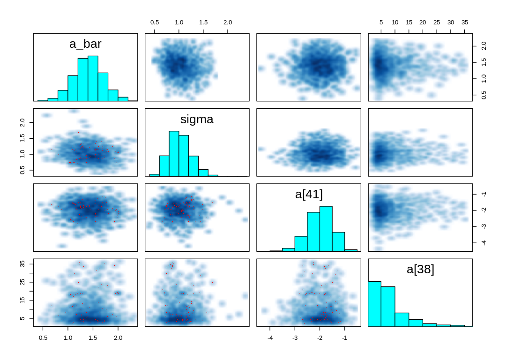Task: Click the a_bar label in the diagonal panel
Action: coord(85,44)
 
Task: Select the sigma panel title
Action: coord(197,120)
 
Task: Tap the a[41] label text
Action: coord(309,194)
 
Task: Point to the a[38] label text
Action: coord(420,270)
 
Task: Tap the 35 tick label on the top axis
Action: coord(465,22)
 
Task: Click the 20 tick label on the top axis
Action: coord(423,22)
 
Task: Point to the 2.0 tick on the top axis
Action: coord(227,22)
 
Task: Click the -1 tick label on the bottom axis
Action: coord(344,337)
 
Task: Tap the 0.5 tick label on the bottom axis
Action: coord(43,337)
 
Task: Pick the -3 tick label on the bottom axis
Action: coord(295,337)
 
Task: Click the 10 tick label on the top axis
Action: coord(395,22)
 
